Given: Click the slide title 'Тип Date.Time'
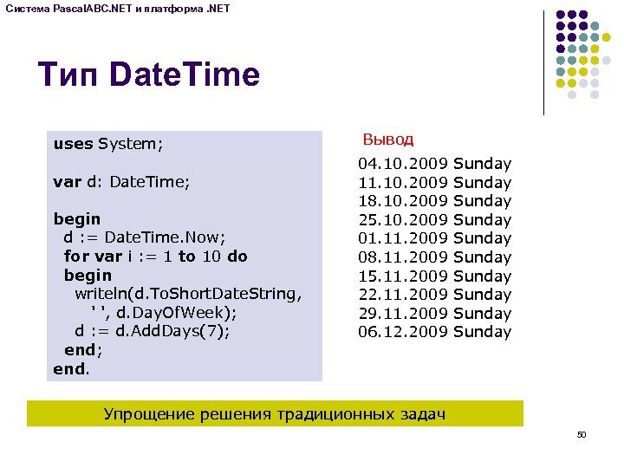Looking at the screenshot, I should tap(148, 75).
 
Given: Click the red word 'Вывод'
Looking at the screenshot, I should tap(387, 139).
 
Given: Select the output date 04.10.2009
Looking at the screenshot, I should tap(403, 164).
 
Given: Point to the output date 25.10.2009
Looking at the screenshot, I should tap(403, 220).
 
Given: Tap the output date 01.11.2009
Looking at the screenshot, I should tap(403, 238).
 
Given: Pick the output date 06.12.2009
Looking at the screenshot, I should tap(403, 332).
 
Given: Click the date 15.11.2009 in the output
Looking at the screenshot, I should tap(403, 276).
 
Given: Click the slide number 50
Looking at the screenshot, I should tap(582, 434).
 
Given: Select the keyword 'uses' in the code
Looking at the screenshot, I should tap(73, 144).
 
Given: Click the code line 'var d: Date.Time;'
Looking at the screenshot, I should tap(121, 182).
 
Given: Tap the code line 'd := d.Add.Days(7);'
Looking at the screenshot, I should tap(153, 332).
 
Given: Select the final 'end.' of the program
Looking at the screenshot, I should tap(70, 369).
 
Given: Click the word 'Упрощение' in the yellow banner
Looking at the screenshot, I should tap(146, 414).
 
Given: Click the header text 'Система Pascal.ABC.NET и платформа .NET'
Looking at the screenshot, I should tap(123, 8).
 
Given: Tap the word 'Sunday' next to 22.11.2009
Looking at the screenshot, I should tap(483, 295).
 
